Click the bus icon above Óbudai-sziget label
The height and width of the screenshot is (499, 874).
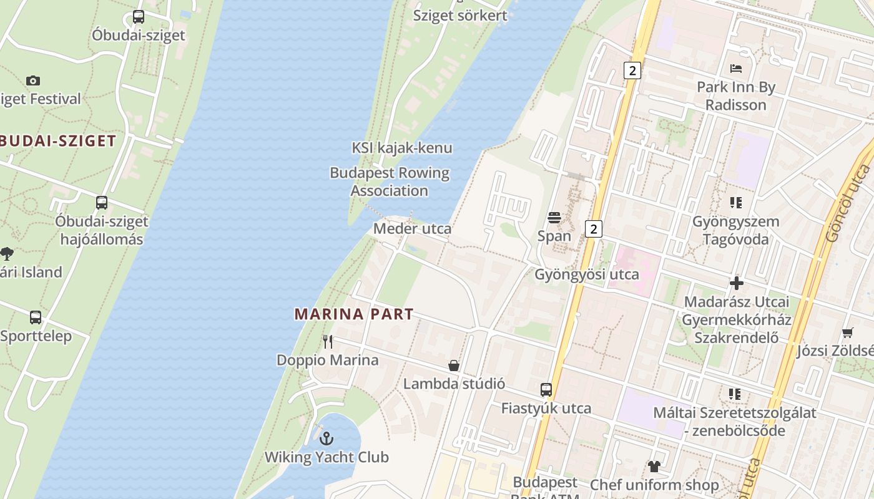(x=139, y=17)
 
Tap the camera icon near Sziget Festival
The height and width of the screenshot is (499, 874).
(x=33, y=80)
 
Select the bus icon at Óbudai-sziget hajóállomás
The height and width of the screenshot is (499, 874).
(x=101, y=203)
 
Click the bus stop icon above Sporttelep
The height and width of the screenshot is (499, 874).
(x=36, y=317)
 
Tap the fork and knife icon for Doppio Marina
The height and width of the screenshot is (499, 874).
(x=327, y=342)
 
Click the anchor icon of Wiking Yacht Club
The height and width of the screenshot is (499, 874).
(x=327, y=438)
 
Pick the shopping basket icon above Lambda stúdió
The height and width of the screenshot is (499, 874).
(x=454, y=366)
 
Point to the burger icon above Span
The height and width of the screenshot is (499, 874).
(x=554, y=218)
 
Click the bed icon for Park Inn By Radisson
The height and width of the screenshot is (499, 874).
(x=736, y=69)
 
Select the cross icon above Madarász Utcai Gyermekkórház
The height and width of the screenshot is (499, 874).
(x=737, y=283)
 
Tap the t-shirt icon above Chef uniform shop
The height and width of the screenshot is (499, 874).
(x=654, y=466)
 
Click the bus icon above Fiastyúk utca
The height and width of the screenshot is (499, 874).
(x=546, y=390)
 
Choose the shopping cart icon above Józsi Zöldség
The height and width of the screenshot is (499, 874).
(x=847, y=332)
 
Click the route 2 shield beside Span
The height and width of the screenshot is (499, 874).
(x=594, y=228)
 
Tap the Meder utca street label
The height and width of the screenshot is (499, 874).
(x=412, y=229)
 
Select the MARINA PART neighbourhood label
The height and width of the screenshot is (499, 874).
(x=354, y=314)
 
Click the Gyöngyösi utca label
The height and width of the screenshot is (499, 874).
(x=587, y=274)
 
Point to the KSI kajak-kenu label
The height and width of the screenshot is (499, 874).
(x=402, y=148)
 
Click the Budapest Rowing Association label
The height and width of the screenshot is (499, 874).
(x=390, y=182)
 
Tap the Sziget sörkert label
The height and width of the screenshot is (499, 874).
(x=460, y=16)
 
